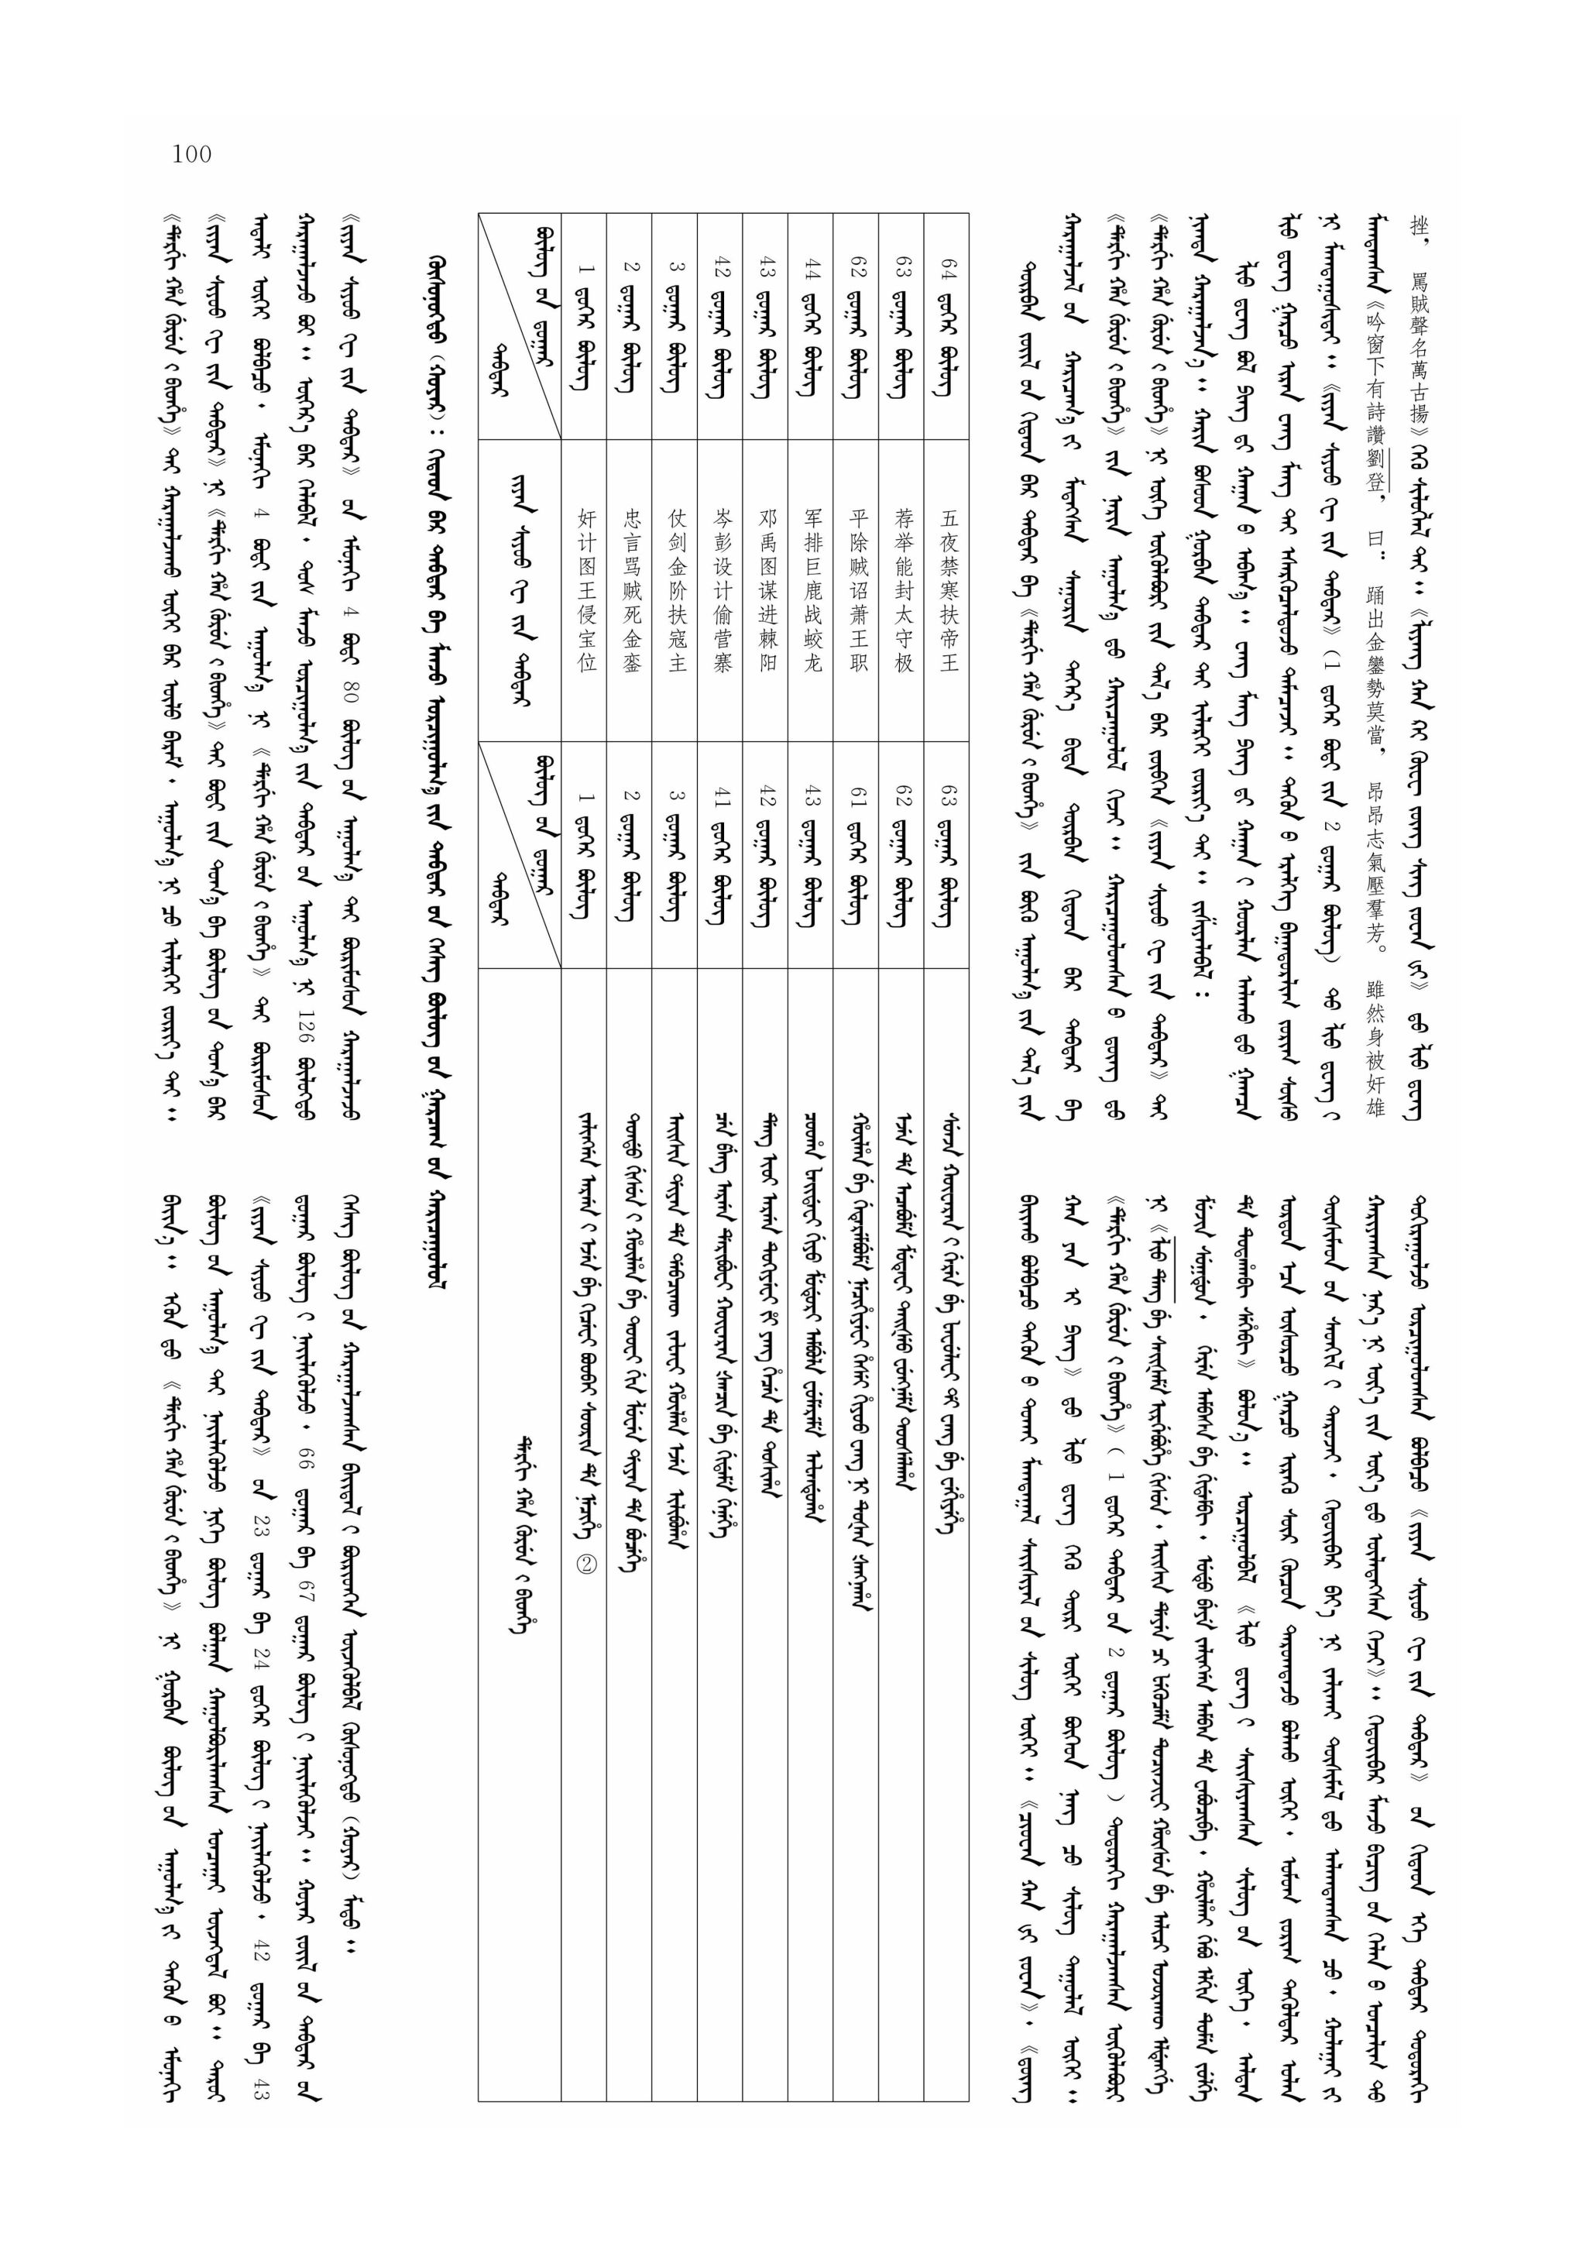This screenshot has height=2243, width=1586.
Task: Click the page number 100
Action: point(191,153)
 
